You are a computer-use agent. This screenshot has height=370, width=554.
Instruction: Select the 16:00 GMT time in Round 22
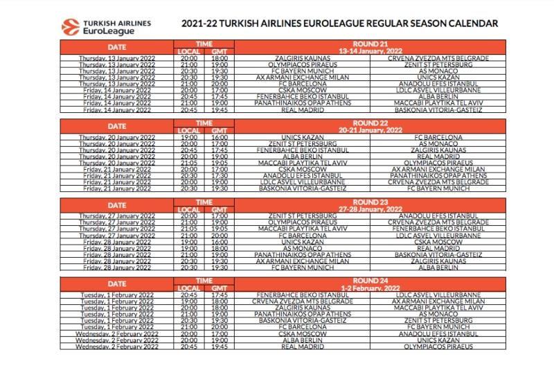click(x=219, y=137)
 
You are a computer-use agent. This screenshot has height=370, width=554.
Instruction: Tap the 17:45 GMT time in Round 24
click(x=219, y=294)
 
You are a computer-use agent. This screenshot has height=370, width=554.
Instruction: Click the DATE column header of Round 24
click(x=116, y=283)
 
